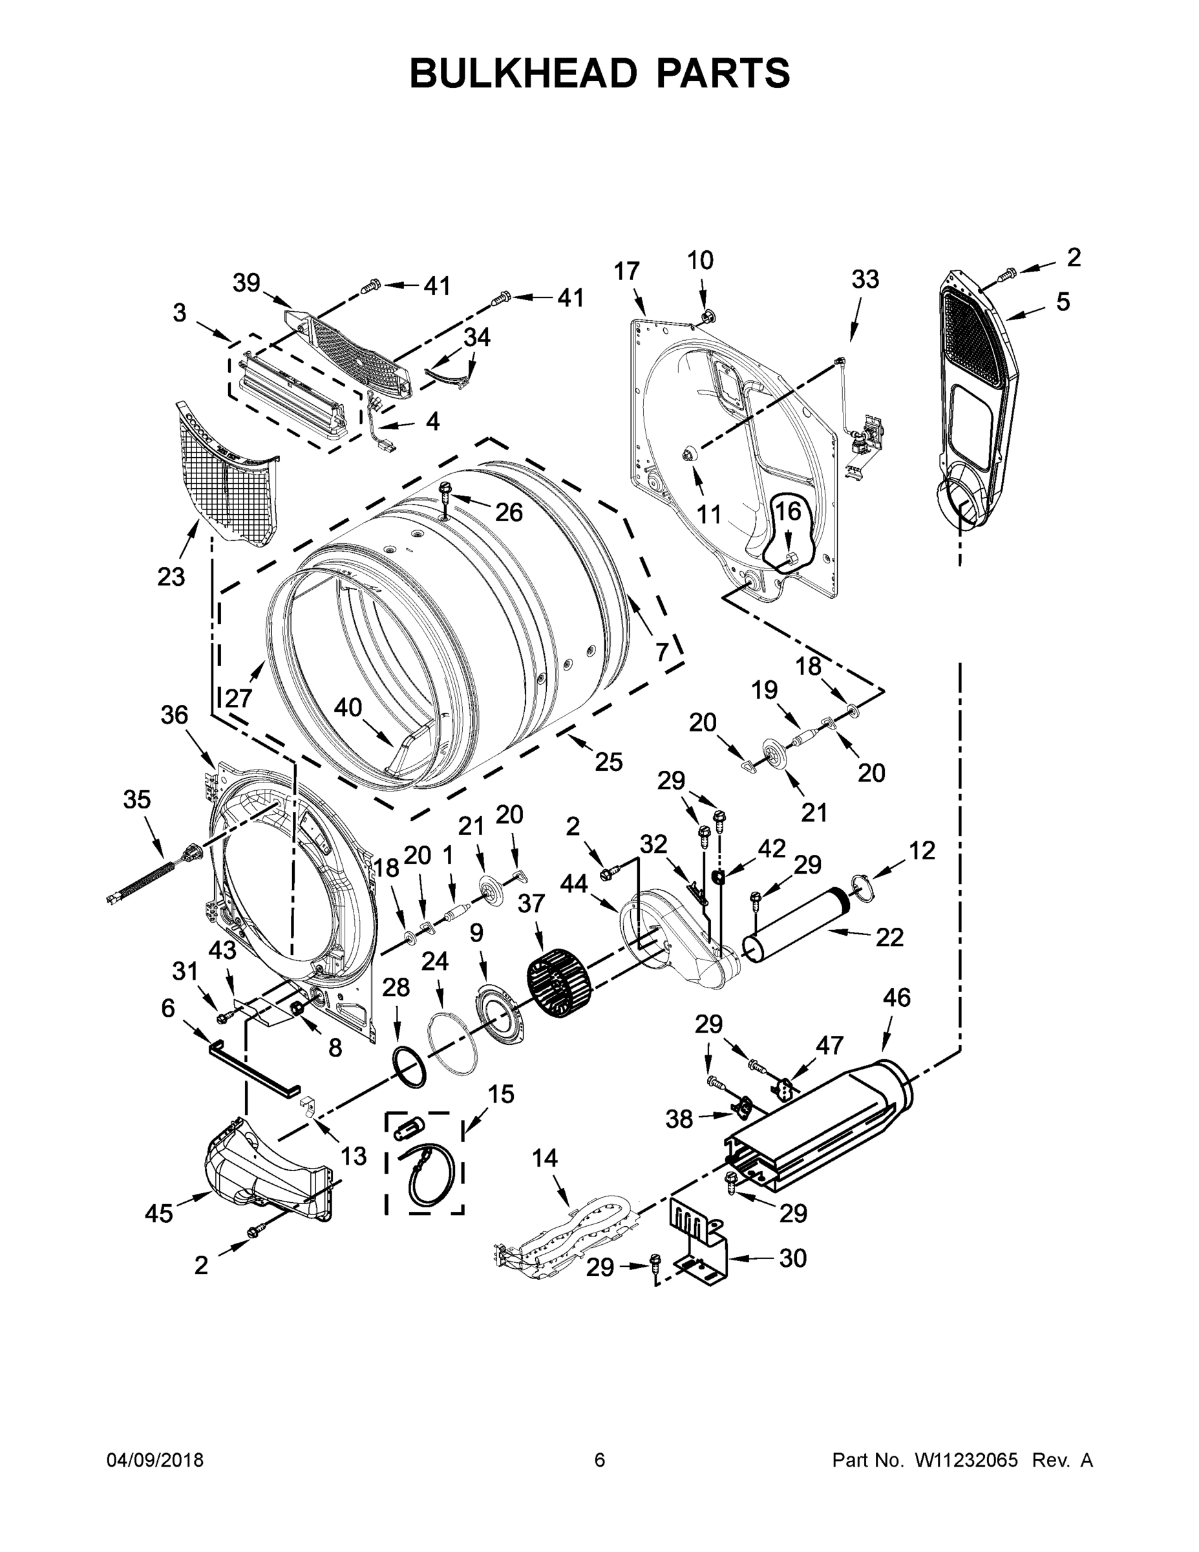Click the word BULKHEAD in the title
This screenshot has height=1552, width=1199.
pyautogui.click(x=523, y=73)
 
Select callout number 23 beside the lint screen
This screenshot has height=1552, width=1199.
pyautogui.click(x=171, y=577)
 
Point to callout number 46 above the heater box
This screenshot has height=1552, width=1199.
pyautogui.click(x=896, y=998)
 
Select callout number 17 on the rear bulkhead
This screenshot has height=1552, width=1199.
pyautogui.click(x=626, y=272)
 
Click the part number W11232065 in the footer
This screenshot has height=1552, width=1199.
pyautogui.click(x=966, y=1460)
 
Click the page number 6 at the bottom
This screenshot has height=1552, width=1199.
pyautogui.click(x=600, y=1460)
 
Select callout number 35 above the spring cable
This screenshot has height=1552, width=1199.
pyautogui.click(x=136, y=799)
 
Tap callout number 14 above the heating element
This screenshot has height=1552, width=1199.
pyautogui.click(x=545, y=1158)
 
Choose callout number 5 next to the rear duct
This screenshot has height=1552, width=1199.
pyautogui.click(x=1062, y=302)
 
